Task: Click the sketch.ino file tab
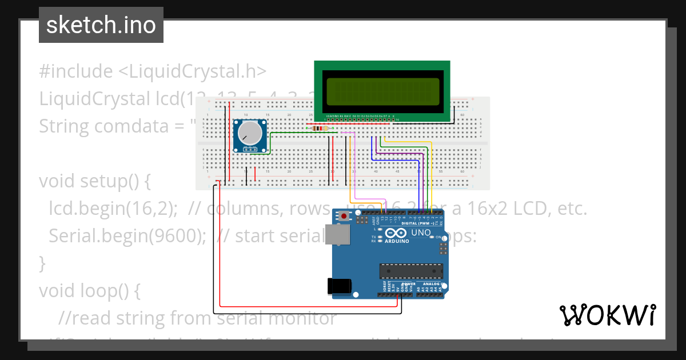click(101, 25)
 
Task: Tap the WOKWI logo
click(607, 315)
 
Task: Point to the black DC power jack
click(338, 286)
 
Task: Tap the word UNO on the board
click(421, 233)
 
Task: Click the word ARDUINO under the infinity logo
click(397, 241)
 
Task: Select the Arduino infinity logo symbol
click(396, 233)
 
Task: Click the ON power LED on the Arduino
click(439, 237)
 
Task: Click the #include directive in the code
click(76, 71)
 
